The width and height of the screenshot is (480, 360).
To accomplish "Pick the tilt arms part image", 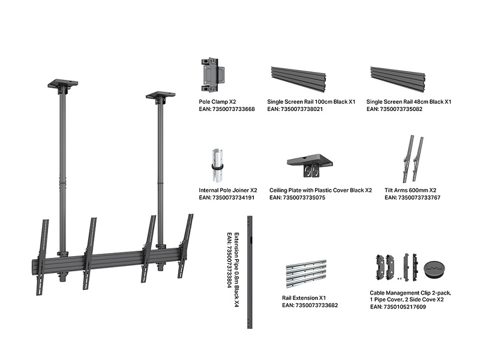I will click(x=412, y=159).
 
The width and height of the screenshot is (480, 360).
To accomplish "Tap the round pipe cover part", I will click(x=434, y=268).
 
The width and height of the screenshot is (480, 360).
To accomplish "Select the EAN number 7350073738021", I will click(x=295, y=110).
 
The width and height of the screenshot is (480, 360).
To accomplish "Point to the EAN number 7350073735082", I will click(x=394, y=110).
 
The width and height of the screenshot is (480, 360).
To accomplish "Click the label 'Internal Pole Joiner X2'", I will click(x=227, y=190).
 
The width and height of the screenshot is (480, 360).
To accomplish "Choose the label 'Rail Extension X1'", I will click(x=304, y=298).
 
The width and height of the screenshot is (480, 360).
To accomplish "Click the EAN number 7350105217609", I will click(x=398, y=307).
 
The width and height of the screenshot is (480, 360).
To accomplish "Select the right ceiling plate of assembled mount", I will click(x=161, y=96).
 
